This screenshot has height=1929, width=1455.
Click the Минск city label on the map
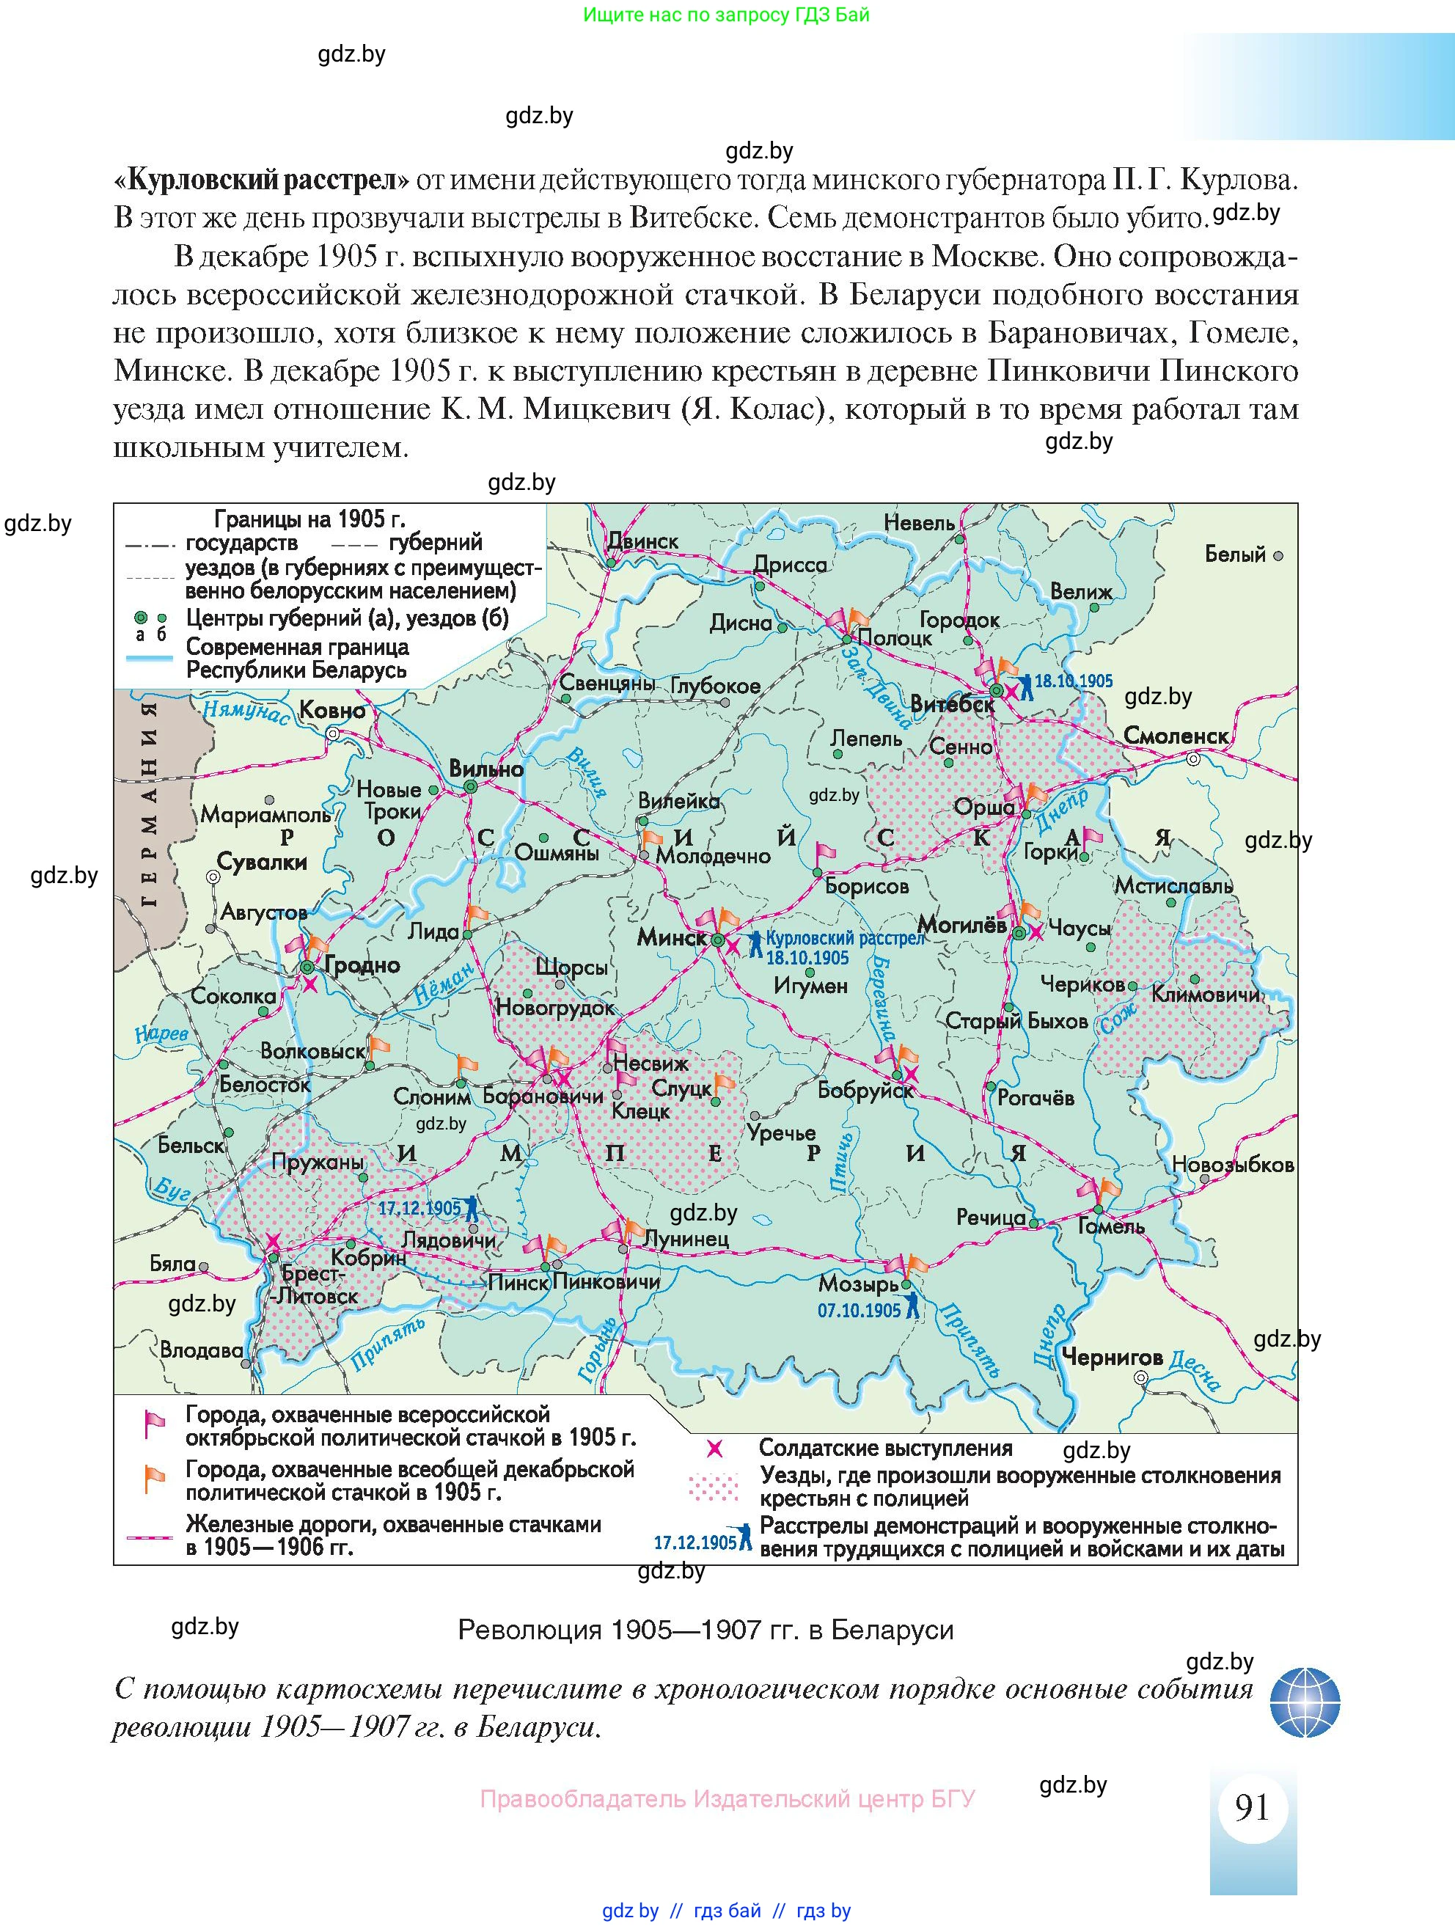pyautogui.click(x=671, y=937)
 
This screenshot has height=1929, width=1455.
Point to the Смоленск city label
pyautogui.click(x=1176, y=736)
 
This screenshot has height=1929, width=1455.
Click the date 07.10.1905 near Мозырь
pyautogui.click(x=859, y=1311)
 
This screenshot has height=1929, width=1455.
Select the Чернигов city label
pyautogui.click(x=1113, y=1358)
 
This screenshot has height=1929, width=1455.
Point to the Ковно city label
pyautogui.click(x=333, y=710)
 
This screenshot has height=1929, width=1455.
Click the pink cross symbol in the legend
pyautogui.click(x=714, y=1449)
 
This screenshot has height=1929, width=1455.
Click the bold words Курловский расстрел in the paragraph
pyautogui.click(x=262, y=180)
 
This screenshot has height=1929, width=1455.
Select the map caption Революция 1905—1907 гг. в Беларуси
pyautogui.click(x=705, y=1630)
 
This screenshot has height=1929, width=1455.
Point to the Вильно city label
pyautogui.click(x=485, y=769)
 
